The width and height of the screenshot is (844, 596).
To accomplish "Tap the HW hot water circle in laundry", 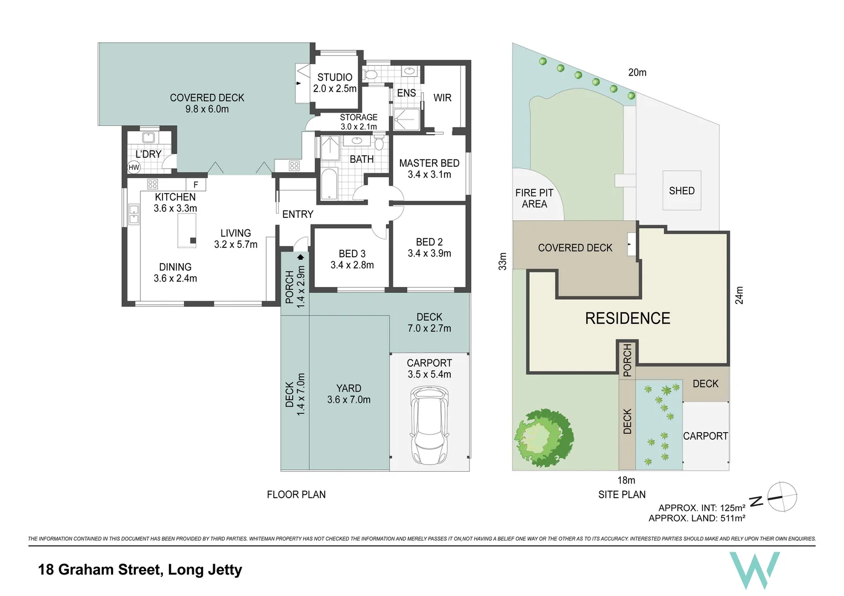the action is pyautogui.click(x=134, y=168).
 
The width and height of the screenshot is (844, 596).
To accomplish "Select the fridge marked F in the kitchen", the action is pyautogui.click(x=196, y=184).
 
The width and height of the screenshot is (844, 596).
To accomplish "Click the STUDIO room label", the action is pyautogui.click(x=335, y=77).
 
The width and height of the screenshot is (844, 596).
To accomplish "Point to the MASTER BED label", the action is pyautogui.click(x=429, y=163).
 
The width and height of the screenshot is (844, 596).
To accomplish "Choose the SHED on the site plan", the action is pyautogui.click(x=682, y=190).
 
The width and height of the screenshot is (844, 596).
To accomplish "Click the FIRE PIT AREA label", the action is pyautogui.click(x=534, y=199).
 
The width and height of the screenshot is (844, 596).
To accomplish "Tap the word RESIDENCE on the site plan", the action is pyautogui.click(x=627, y=318).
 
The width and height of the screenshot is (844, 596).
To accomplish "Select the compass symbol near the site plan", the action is pyautogui.click(x=782, y=497).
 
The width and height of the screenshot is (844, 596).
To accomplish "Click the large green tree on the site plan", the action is pyautogui.click(x=544, y=438).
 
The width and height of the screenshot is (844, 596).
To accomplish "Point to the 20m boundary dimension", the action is pyautogui.click(x=637, y=72).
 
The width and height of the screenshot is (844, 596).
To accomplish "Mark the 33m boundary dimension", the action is pyautogui.click(x=503, y=261).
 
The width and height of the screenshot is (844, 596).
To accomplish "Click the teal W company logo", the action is pyautogui.click(x=755, y=570).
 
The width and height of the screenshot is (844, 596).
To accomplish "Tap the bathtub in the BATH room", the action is pyautogui.click(x=329, y=184).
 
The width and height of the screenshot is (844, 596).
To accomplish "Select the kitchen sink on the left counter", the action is pyautogui.click(x=134, y=215).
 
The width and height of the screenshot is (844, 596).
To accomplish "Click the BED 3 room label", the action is pyautogui.click(x=352, y=253).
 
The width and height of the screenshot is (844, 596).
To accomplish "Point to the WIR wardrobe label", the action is pyautogui.click(x=442, y=98).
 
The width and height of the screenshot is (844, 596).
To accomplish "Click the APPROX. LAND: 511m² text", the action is pyautogui.click(x=697, y=518).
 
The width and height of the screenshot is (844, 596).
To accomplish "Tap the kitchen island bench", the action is pyautogui.click(x=187, y=231).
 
